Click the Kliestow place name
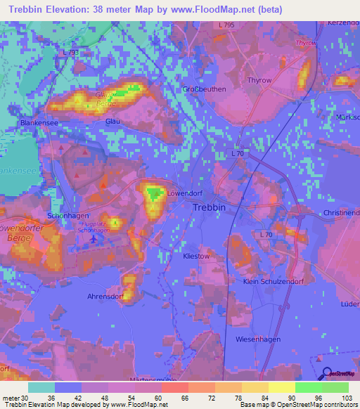(x=196, y=257)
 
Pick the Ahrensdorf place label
(x=106, y=297)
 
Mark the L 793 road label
(x=71, y=53)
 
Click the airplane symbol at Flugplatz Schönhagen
(x=93, y=238)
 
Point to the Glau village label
(x=112, y=121)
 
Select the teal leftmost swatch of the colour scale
(x=41, y=387)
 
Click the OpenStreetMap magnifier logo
(x=326, y=375)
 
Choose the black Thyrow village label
(x=259, y=81)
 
